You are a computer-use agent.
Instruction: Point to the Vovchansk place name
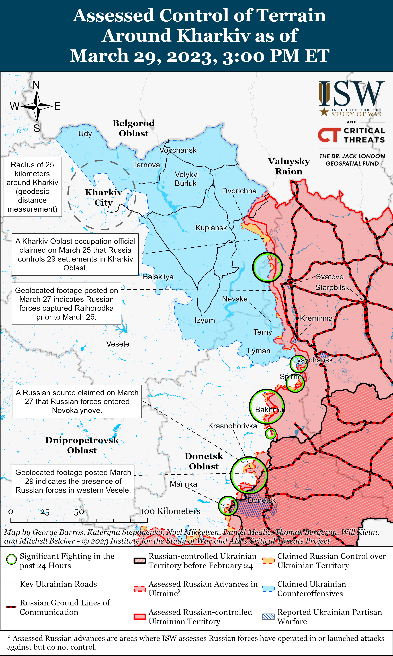click(x=178, y=150)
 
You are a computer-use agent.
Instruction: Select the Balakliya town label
click(x=158, y=277)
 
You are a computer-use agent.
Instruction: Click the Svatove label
click(x=330, y=277)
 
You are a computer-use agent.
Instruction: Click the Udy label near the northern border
click(x=85, y=134)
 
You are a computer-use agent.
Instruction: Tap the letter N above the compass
click(x=37, y=85)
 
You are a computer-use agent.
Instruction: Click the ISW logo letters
click(x=352, y=94)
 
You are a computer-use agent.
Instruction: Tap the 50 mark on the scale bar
click(x=79, y=512)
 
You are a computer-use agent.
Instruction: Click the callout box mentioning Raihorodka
click(x=66, y=304)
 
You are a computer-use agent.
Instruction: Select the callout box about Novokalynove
click(x=77, y=401)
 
